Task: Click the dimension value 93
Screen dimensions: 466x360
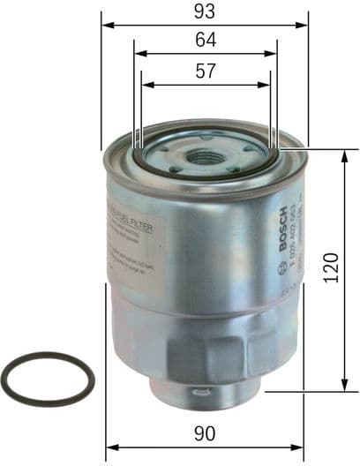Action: click(205, 11)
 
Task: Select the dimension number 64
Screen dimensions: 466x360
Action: click(205, 40)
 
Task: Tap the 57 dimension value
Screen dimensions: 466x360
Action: click(205, 72)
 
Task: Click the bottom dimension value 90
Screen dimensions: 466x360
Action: click(205, 433)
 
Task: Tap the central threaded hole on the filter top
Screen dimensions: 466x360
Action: click(206, 158)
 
